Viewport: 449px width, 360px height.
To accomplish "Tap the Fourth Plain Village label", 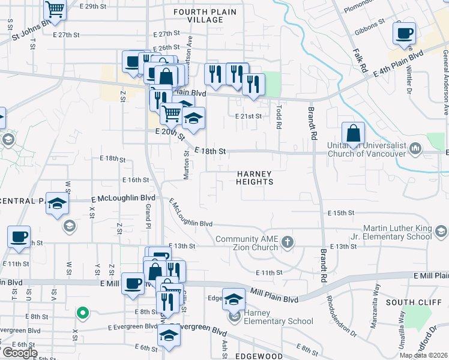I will point(198,16).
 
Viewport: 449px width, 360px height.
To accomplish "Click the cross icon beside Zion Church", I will point(288,242).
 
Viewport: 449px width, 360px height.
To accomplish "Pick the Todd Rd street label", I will point(279,116).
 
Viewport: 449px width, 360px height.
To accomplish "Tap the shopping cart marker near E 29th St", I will point(55,10).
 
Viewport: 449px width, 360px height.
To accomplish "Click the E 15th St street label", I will point(342,213).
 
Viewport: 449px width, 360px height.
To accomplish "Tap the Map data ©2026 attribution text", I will point(423,355).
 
